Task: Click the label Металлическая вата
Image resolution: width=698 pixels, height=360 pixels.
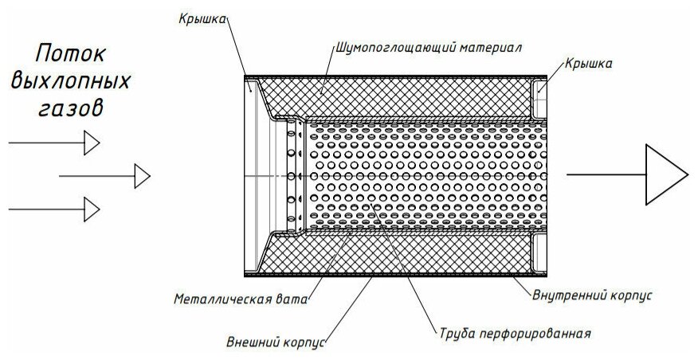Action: (241, 300)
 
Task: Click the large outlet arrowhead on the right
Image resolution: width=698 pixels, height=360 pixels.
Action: (665, 174)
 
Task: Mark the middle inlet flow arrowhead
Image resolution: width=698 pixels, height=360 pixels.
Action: (141, 175)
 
